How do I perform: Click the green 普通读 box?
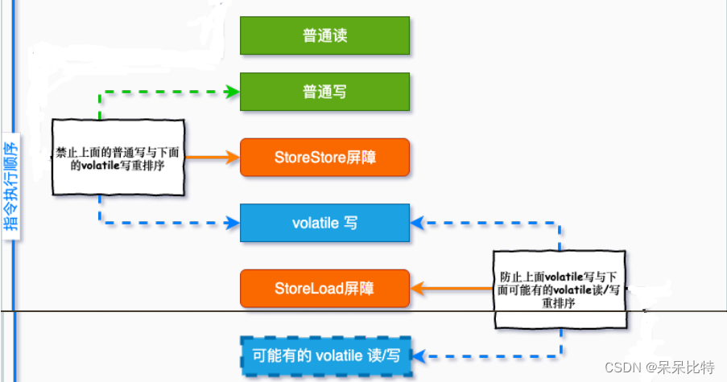point(324,35)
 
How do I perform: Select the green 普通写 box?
point(324,92)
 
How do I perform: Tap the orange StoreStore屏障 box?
point(324,158)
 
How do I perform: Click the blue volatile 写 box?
point(324,223)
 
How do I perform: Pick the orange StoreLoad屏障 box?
point(324,287)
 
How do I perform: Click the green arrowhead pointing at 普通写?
point(233,92)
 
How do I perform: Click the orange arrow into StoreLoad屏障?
point(452,287)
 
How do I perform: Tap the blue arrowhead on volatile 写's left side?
point(233,218)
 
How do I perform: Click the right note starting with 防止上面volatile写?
point(560,288)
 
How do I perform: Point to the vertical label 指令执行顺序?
point(10,187)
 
